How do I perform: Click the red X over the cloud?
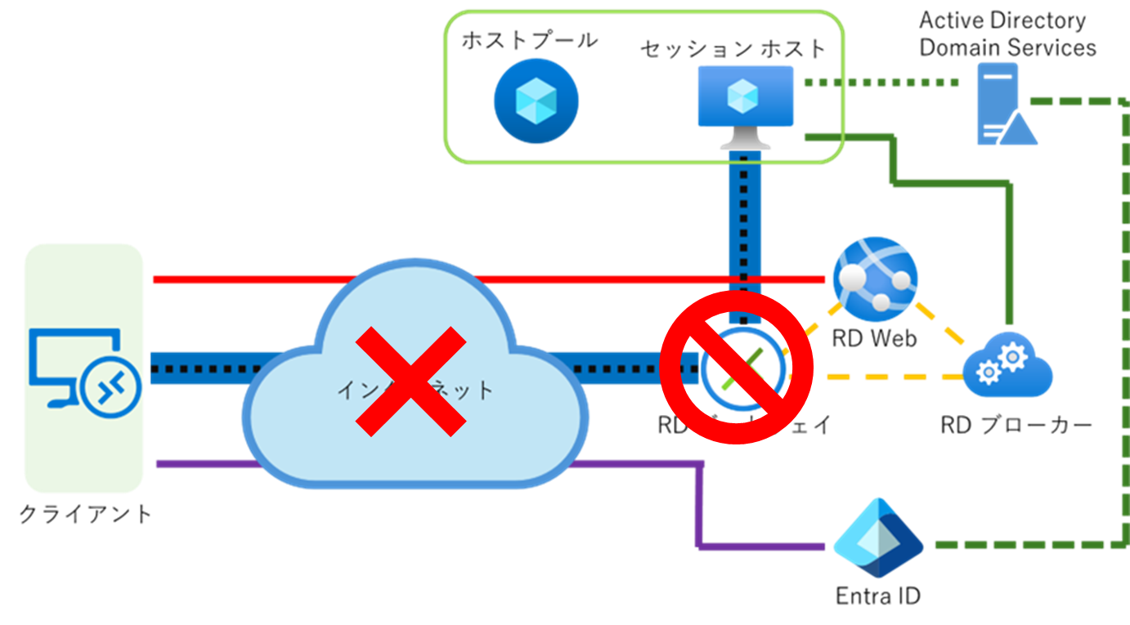(410, 381)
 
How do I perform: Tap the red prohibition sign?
(736, 368)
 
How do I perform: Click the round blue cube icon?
(536, 100)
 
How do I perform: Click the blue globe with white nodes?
(874, 279)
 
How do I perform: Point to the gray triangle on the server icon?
(1018, 130)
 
